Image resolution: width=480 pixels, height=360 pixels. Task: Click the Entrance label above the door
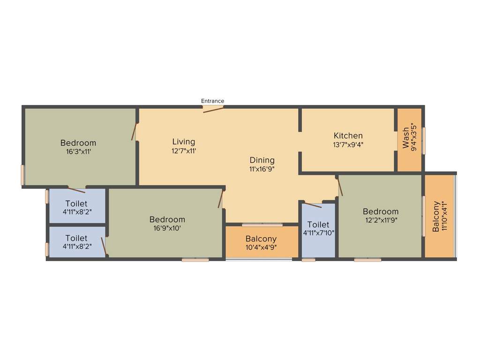point(212,101)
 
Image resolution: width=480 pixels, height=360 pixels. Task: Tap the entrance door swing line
point(213,110)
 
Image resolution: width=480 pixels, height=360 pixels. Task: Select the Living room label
point(184,142)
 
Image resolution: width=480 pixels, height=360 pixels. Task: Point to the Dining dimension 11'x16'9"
point(262,169)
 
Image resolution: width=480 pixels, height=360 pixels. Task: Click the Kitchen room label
point(348,136)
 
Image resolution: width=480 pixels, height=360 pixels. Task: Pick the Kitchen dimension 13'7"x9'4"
point(348,145)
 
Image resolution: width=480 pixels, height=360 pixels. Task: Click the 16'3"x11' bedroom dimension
point(78,151)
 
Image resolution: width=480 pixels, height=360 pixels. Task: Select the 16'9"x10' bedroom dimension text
point(167,228)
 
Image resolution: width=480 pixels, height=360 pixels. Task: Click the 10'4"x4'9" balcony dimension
point(261,247)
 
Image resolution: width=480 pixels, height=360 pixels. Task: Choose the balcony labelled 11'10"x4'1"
point(440,217)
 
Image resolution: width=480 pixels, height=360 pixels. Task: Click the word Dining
point(262,160)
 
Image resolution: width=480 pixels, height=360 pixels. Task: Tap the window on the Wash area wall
point(424,141)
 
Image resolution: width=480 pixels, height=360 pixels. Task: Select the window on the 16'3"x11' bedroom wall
point(22,175)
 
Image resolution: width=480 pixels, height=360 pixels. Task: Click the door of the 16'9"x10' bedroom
point(221,198)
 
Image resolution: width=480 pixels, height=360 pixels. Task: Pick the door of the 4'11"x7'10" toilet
point(312,205)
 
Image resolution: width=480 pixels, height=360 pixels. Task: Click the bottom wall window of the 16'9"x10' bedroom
point(195,259)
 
